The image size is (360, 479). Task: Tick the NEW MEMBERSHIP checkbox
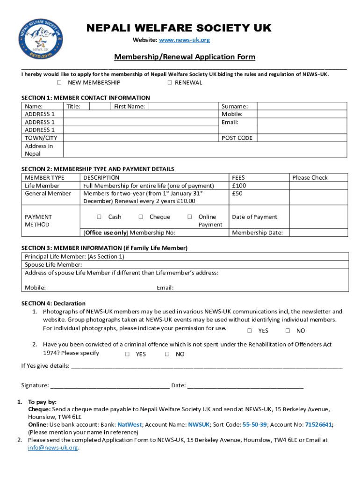(x=59, y=83)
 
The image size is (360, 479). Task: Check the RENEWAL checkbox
(x=170, y=83)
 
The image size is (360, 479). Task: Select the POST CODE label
(x=237, y=138)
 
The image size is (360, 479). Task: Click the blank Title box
(x=99, y=106)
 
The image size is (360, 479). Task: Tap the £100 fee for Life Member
(x=239, y=186)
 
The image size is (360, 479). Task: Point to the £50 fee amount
(x=237, y=194)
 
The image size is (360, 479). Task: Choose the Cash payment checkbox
(x=99, y=217)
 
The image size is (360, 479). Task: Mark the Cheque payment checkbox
(x=141, y=217)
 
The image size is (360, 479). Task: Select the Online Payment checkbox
(x=190, y=217)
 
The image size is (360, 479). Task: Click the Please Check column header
(x=310, y=178)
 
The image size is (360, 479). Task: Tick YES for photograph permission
(x=250, y=331)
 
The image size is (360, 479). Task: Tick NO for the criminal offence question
(x=167, y=354)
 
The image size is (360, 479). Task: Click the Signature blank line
(x=110, y=386)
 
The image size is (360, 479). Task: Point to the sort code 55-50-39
(x=255, y=425)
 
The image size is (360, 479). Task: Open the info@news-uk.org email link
(x=53, y=448)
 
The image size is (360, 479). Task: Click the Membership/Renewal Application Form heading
(x=185, y=57)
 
